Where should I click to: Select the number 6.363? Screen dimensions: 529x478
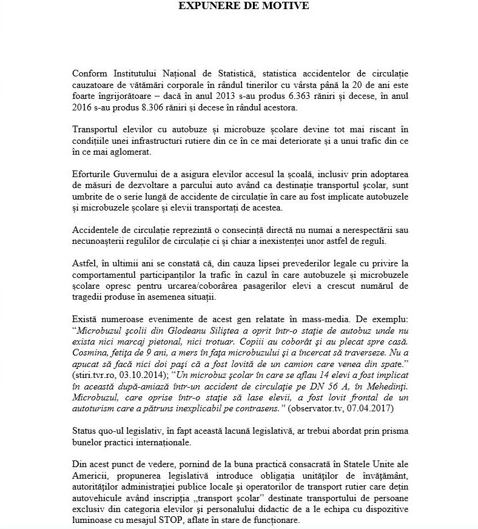(x=297, y=96)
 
